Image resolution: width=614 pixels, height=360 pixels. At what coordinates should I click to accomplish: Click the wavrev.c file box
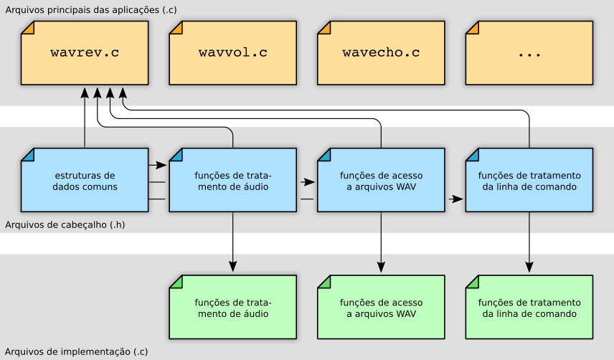pyautogui.click(x=85, y=53)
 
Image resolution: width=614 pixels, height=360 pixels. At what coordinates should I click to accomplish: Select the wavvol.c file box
pyautogui.click(x=233, y=53)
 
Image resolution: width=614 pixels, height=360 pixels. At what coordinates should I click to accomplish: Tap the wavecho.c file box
pyautogui.click(x=381, y=53)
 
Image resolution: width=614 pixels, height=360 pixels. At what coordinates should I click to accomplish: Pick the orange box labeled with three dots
pyautogui.click(x=529, y=53)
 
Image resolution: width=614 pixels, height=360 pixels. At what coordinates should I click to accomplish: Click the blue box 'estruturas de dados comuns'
pyautogui.click(x=85, y=180)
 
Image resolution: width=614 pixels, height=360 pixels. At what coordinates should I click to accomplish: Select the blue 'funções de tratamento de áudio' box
pyautogui.click(x=233, y=180)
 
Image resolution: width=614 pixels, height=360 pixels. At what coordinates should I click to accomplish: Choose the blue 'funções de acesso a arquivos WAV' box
pyautogui.click(x=381, y=180)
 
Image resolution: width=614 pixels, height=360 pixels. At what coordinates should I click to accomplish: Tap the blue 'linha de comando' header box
pyautogui.click(x=529, y=180)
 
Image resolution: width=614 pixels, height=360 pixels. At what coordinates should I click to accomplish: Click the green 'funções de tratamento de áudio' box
pyautogui.click(x=233, y=307)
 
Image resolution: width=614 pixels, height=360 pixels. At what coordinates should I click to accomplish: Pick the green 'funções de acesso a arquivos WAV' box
pyautogui.click(x=381, y=307)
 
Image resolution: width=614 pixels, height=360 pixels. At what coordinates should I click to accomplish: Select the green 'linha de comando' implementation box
pyautogui.click(x=529, y=307)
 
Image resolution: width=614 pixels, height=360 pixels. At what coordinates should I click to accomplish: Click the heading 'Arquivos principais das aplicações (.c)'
pyautogui.click(x=91, y=10)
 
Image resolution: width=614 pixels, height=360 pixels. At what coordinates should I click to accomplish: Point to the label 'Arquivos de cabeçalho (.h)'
pyautogui.click(x=65, y=225)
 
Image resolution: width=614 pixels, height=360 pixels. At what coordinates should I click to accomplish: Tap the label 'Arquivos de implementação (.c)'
pyautogui.click(x=76, y=351)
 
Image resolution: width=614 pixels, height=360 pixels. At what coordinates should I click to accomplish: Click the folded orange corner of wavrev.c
pyautogui.click(x=27, y=27)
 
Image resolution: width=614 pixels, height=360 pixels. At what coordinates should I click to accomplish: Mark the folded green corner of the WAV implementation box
pyautogui.click(x=323, y=282)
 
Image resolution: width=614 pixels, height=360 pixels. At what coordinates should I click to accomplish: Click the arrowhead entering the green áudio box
pyautogui.click(x=233, y=267)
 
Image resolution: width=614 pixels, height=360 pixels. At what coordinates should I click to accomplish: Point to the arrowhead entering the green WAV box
pyautogui.click(x=381, y=267)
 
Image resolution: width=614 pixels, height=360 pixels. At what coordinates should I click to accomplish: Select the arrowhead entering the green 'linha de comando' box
pyautogui.click(x=529, y=267)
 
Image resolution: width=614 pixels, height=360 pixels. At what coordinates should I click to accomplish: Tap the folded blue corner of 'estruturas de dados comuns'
pyautogui.click(x=27, y=155)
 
